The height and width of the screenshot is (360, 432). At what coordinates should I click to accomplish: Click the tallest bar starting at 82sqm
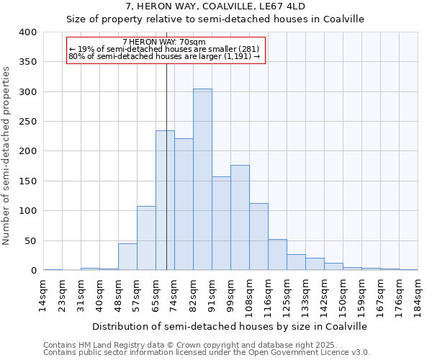tap(202, 179)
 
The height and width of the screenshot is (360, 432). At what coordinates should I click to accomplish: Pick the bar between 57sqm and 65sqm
tap(146, 238)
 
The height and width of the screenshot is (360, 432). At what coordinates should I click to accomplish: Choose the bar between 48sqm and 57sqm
tap(127, 257)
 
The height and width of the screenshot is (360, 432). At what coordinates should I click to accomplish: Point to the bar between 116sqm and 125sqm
tap(277, 255)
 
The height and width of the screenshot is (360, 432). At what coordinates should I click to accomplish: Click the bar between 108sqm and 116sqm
tap(258, 237)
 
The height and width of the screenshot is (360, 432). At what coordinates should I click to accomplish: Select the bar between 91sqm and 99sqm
tap(221, 223)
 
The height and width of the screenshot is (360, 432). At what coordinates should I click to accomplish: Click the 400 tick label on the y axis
tap(28, 32)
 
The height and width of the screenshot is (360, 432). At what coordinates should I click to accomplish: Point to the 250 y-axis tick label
tap(28, 122)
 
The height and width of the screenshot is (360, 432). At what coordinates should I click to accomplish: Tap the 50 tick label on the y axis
tap(31, 240)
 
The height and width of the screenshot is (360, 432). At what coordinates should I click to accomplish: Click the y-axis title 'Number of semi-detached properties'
tap(6, 155)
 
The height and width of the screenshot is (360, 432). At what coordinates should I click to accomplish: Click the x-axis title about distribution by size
tap(230, 326)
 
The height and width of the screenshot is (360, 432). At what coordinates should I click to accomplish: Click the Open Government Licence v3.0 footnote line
tap(207, 352)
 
